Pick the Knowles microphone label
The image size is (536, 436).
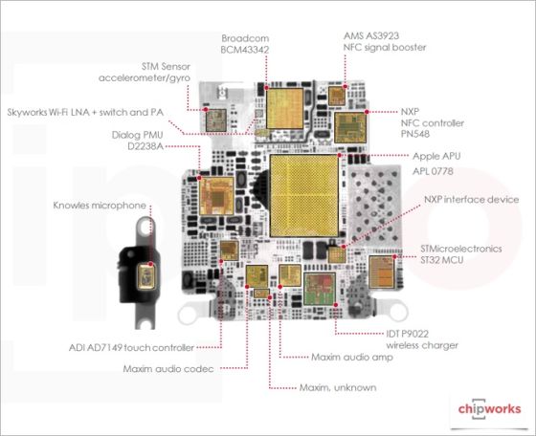pyautogui.click(x=100, y=206)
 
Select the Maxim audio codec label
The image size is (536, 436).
pyautogui.click(x=169, y=368)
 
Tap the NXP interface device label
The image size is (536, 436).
pyautogui.click(x=470, y=200)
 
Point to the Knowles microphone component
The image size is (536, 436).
pyautogui.click(x=150, y=274)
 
